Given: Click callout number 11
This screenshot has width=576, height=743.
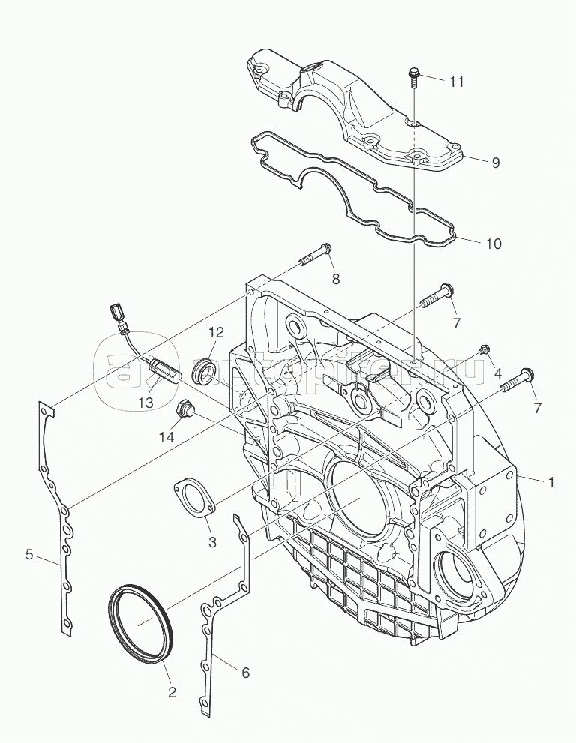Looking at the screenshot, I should tap(457, 81).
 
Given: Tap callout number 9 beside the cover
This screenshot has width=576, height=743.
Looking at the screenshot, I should tap(495, 162).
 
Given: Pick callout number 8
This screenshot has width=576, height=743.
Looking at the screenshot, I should tap(335, 279).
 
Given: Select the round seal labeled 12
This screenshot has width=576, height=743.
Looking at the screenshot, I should tap(204, 371).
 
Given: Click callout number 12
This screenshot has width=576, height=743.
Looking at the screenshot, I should tap(216, 332).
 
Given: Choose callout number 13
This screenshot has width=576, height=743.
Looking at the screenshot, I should tap(145, 402).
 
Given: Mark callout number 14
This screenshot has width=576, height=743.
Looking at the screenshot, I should tap(166, 436).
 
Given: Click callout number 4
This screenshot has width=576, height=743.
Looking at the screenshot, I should tap(497, 373).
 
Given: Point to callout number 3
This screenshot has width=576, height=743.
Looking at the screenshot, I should tap(212, 541).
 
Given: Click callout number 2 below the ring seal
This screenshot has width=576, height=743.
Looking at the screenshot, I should tap(172, 692).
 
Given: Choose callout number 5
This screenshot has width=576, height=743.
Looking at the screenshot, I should tap(29, 554).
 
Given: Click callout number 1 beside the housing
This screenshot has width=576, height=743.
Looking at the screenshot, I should tap(551, 483).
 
